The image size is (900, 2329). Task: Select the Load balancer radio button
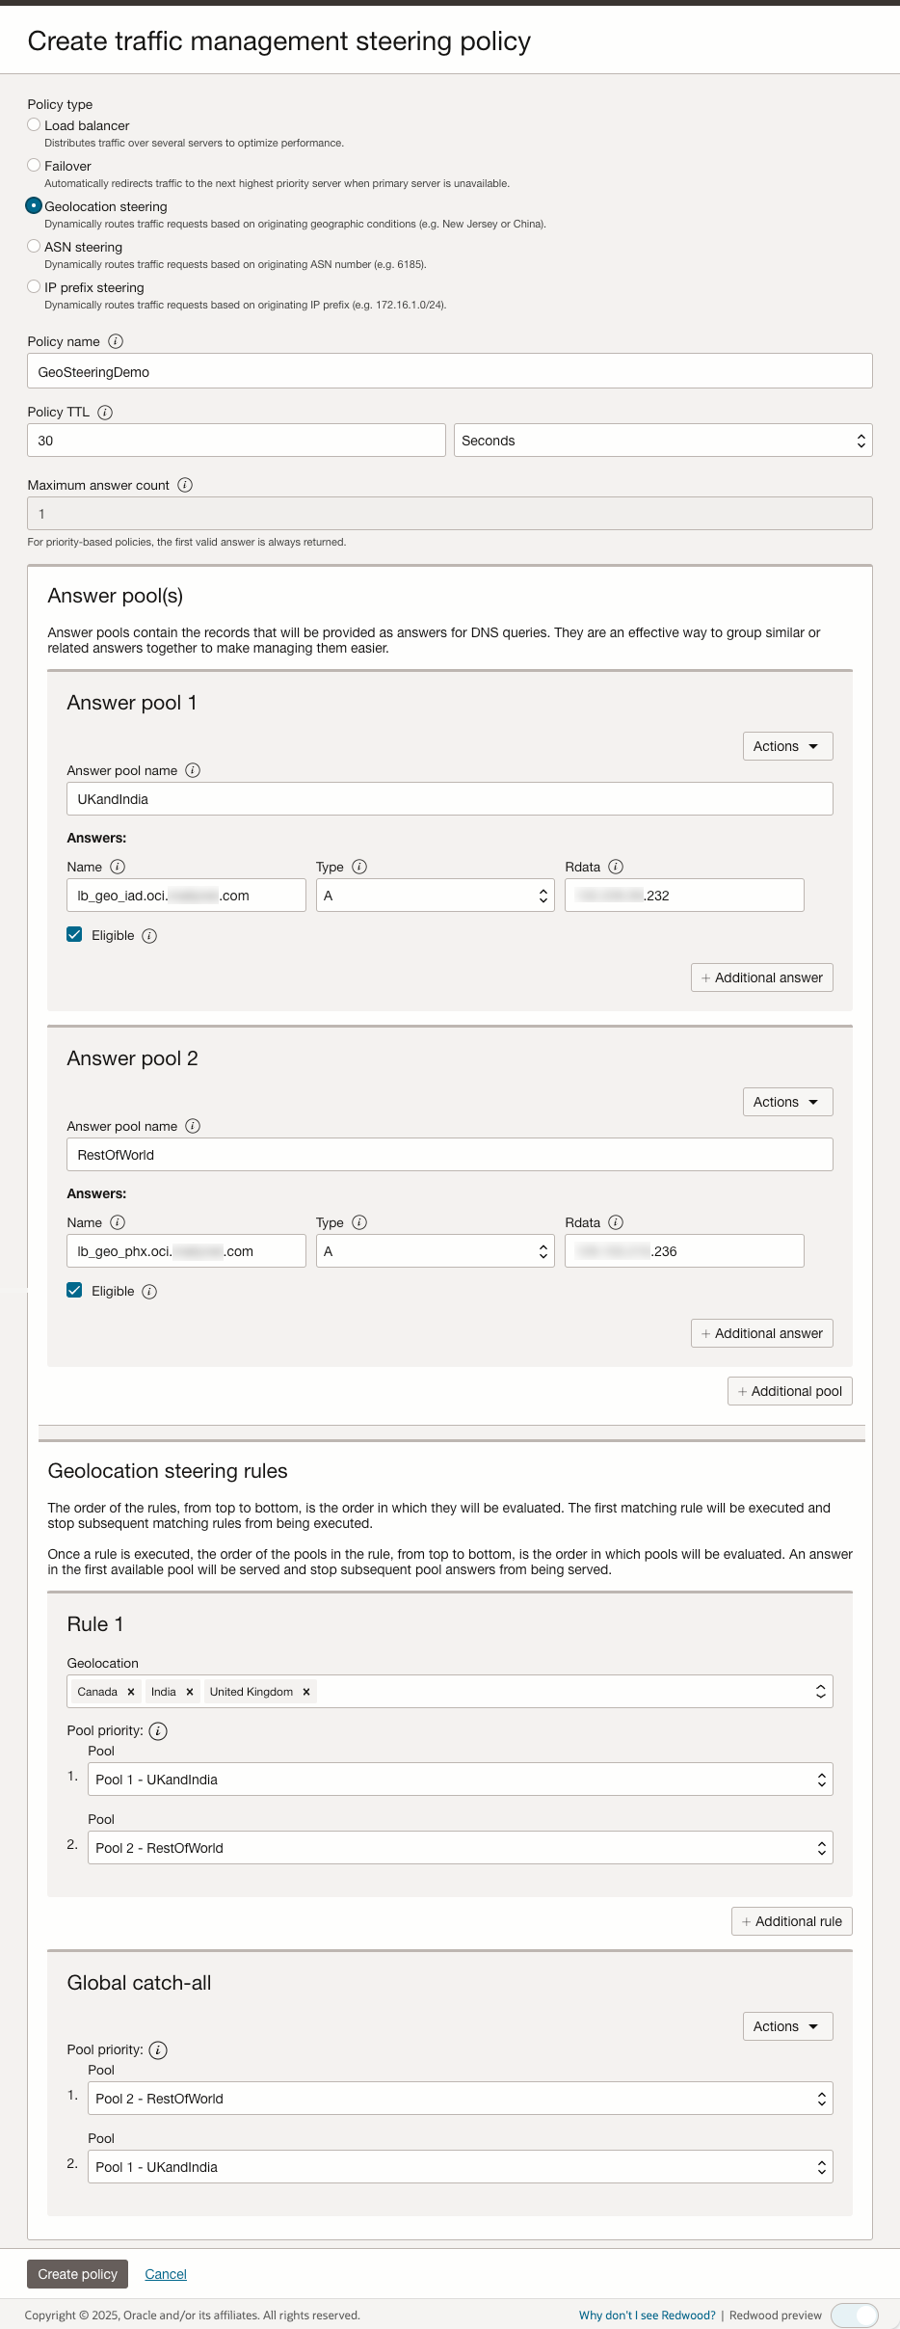34,124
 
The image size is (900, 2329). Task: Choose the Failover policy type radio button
34,165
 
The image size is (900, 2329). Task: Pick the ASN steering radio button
34,246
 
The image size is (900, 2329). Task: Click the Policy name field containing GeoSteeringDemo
449,371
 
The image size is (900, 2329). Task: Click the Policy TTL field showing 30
236,441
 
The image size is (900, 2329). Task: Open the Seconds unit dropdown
663,441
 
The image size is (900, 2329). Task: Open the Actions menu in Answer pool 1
787,746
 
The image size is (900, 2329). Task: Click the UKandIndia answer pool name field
449,799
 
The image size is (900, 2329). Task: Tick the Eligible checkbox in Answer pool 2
74,1290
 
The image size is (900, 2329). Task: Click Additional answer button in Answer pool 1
761,977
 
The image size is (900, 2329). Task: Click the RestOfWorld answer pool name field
449,1155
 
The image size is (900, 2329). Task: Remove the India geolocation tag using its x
190,1692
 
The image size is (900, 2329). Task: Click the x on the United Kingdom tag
306,1692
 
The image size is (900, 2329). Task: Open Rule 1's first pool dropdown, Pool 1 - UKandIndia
460,1780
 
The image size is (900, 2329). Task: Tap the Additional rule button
791,1921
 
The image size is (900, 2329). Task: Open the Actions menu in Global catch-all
787,2026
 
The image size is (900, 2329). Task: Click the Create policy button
77,2274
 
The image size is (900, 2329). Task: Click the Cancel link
166,2274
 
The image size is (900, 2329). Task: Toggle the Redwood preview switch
855,2315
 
